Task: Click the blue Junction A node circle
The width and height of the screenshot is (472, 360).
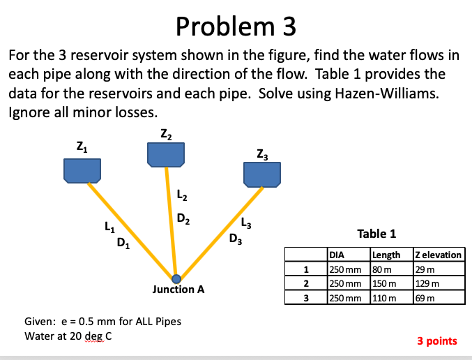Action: [176, 277]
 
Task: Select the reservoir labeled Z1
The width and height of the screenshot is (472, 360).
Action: [83, 170]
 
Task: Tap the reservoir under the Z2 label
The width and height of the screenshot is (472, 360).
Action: [166, 154]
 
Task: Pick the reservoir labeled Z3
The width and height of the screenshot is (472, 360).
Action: [261, 174]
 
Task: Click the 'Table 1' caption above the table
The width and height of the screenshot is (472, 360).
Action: [376, 234]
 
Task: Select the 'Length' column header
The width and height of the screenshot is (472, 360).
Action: [386, 256]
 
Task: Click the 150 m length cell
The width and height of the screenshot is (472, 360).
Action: [384, 283]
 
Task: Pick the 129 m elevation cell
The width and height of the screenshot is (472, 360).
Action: [426, 283]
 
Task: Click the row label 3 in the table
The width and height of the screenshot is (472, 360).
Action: [305, 297]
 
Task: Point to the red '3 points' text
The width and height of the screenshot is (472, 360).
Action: [437, 341]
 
